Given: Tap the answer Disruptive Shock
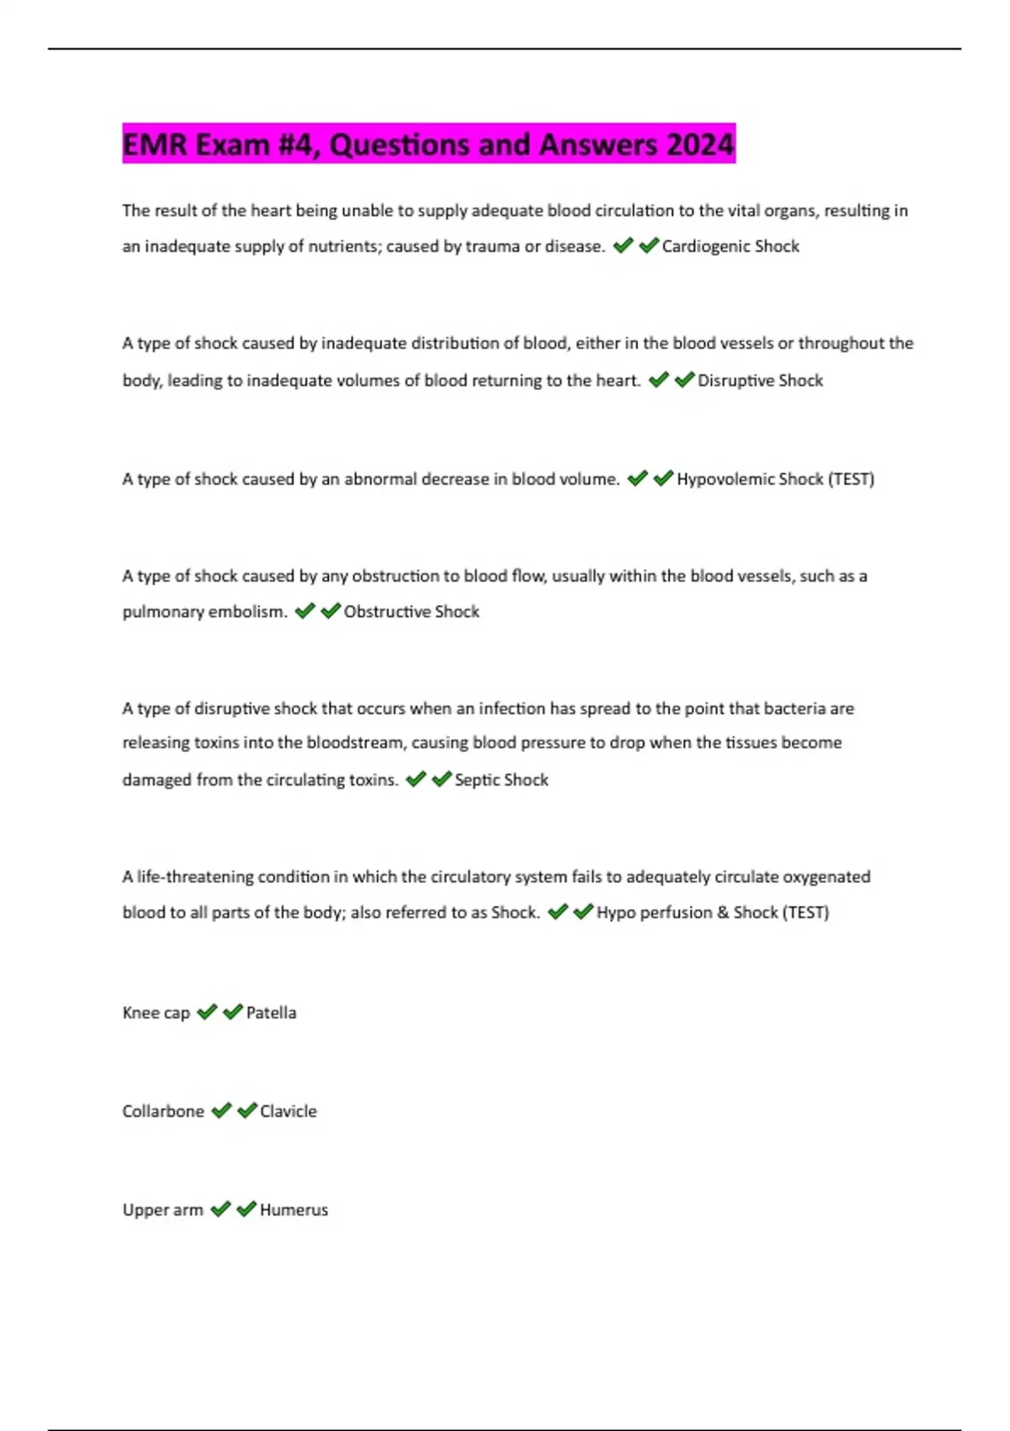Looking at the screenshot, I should (760, 380).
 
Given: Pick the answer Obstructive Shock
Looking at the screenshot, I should (412, 612).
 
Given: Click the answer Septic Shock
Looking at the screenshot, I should (502, 780).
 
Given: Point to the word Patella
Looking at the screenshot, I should (271, 1013).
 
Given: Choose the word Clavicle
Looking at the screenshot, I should (289, 1111).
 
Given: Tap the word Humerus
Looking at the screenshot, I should (294, 1210).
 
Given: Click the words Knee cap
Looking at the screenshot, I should (156, 1013).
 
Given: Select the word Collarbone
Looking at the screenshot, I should (163, 1111).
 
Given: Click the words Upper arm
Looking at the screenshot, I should (162, 1210).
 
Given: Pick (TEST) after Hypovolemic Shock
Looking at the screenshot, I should (851, 479).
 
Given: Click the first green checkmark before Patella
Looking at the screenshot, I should (207, 1012).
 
